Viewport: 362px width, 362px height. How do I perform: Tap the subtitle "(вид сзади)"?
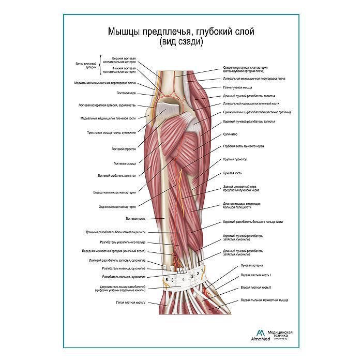pyautogui.click(x=181, y=42)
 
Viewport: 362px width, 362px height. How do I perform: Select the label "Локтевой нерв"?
pyautogui.click(x=126, y=94)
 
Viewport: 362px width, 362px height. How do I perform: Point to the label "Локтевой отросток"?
pyautogui.click(x=124, y=149)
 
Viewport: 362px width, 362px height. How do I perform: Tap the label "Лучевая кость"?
pyautogui.click(x=232, y=173)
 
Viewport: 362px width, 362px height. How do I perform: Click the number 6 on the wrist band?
pyautogui.click(x=167, y=280)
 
